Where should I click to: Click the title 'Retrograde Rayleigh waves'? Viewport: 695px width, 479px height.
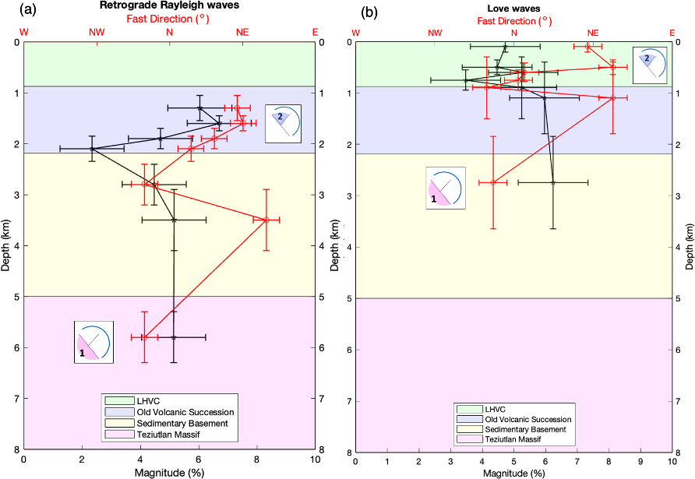pos(170,7)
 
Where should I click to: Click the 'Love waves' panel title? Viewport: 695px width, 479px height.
pos(513,7)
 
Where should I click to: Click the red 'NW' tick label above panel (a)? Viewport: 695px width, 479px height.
pos(97,32)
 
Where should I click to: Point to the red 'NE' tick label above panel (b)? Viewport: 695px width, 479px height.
pos(593,32)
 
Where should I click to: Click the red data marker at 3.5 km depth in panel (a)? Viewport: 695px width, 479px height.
pos(266,220)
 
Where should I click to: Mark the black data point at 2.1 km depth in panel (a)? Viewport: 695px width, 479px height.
pos(92,148)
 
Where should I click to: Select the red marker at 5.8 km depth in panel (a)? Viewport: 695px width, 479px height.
pos(144,337)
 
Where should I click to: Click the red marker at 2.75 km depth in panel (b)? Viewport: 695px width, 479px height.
pos(493,182)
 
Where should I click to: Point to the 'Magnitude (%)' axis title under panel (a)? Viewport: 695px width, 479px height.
pos(169,473)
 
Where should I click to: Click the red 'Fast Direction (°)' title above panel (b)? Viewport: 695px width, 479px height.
pos(513,19)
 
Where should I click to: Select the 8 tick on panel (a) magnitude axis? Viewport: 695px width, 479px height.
pos(257,460)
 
